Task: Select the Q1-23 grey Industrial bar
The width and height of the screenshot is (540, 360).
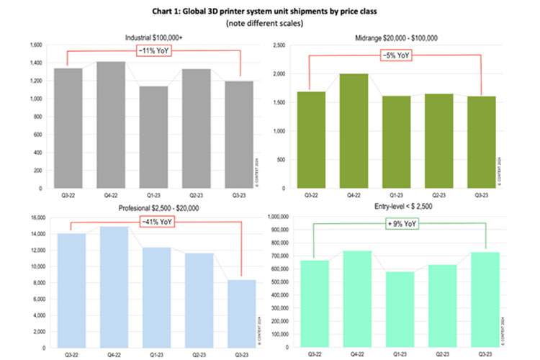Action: click(153, 137)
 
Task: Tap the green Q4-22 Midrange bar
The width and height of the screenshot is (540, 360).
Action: click(353, 130)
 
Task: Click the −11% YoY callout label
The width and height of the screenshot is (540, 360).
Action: click(154, 51)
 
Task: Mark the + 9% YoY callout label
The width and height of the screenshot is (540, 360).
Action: click(400, 223)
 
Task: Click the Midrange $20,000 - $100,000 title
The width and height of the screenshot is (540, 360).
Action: click(397, 36)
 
